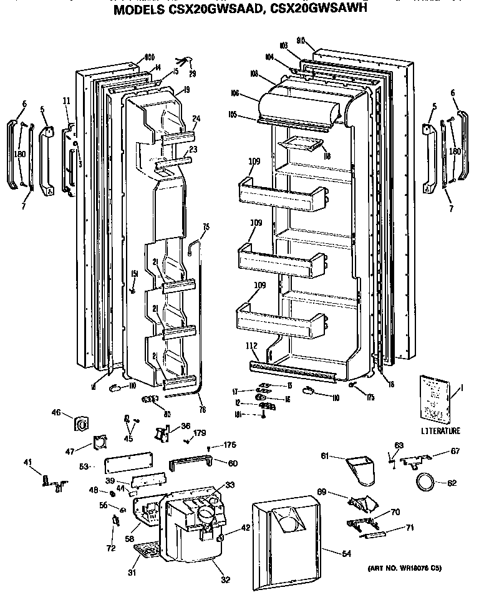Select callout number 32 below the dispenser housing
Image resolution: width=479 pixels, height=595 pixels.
point(225,580)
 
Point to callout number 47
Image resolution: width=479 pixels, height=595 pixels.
point(70,451)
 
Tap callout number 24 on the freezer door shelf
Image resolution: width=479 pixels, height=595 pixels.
point(196,120)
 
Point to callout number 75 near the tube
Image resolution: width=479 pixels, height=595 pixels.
point(205,227)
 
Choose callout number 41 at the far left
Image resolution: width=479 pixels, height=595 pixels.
point(27,462)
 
